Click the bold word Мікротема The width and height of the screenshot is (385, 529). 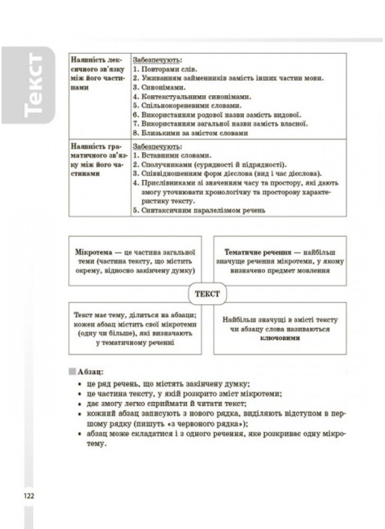93,251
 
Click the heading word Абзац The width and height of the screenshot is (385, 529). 89,372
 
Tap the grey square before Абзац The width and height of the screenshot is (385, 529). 72,372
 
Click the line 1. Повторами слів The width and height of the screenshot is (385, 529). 163,69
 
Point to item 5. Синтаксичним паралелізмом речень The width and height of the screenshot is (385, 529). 198,210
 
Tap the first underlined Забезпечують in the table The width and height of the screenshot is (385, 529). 157,59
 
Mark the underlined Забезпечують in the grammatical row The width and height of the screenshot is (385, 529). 157,145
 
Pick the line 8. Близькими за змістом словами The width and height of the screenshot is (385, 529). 190,133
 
